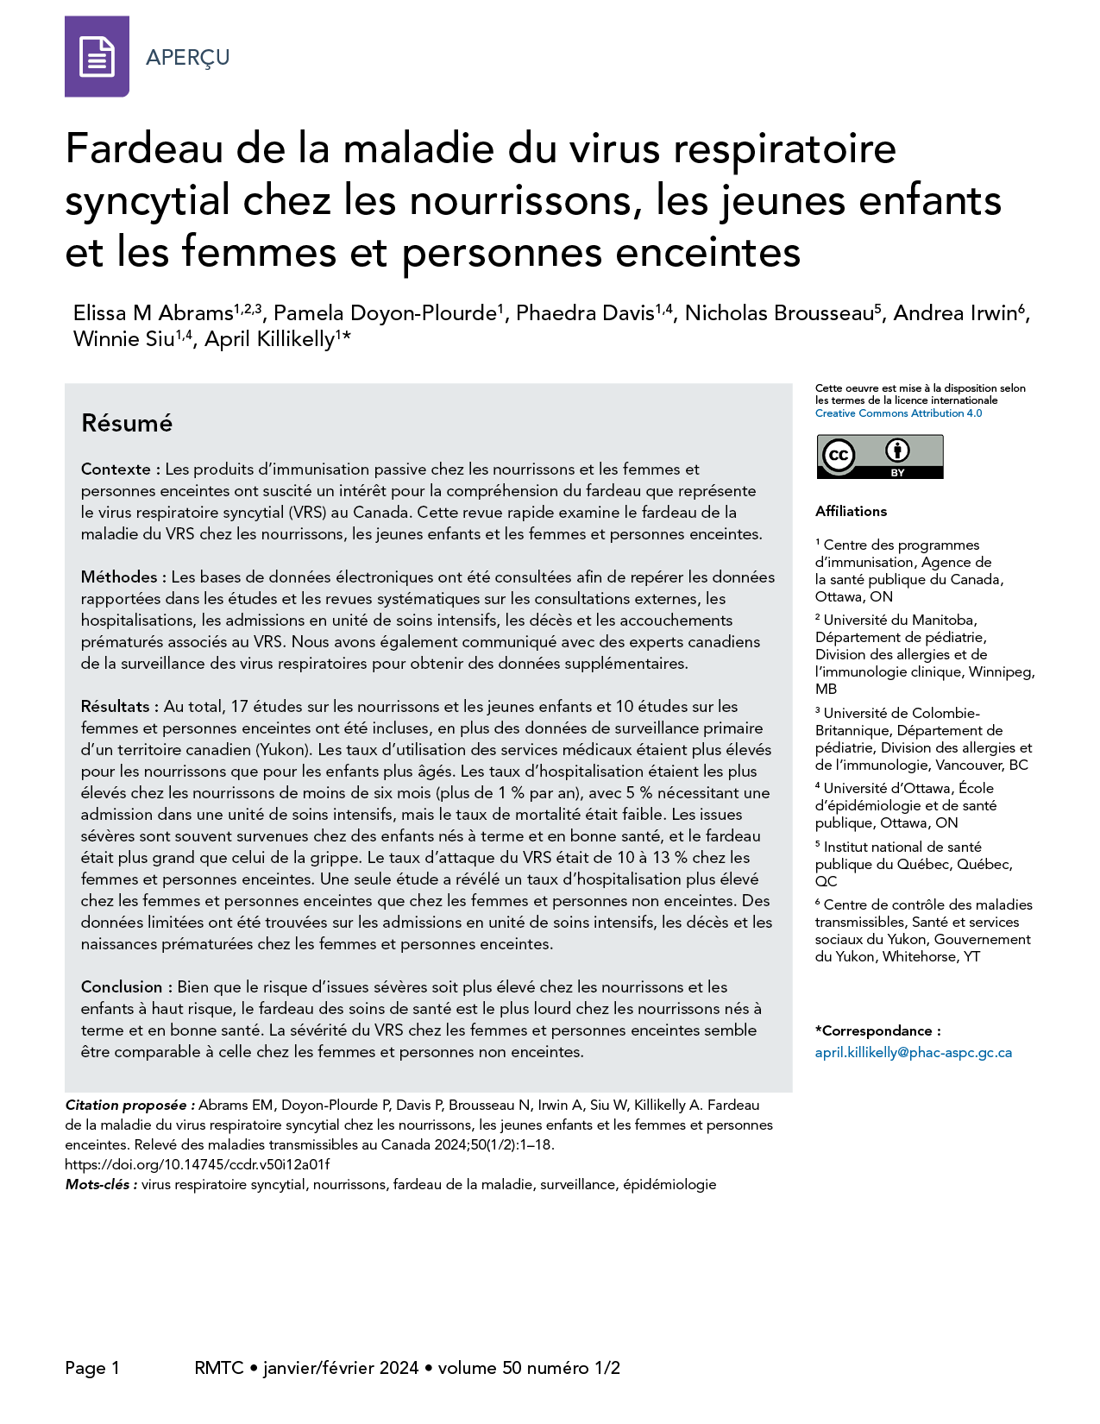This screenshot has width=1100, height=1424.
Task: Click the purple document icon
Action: (97, 57)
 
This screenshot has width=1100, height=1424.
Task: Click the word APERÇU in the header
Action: (187, 58)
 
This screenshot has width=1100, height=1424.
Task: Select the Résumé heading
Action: (127, 423)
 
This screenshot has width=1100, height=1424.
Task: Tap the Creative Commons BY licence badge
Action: (879, 456)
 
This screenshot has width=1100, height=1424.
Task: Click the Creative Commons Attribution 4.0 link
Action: (898, 413)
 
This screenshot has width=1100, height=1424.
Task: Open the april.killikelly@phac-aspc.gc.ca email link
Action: (913, 1053)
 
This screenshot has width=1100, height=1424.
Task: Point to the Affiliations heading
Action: (851, 511)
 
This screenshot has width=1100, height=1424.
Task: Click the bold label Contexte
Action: (116, 469)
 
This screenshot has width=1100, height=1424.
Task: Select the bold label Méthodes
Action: (119, 577)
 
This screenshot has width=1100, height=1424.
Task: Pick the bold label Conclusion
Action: (122, 987)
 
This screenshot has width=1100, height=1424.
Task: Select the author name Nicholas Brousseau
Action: (779, 313)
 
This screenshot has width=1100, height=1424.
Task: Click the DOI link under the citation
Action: (198, 1164)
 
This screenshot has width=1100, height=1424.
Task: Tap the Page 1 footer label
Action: (92, 1368)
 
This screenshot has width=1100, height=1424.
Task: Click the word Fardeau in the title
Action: (144, 148)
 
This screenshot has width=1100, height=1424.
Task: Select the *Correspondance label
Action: (877, 1031)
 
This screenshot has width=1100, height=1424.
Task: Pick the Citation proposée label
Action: (129, 1106)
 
